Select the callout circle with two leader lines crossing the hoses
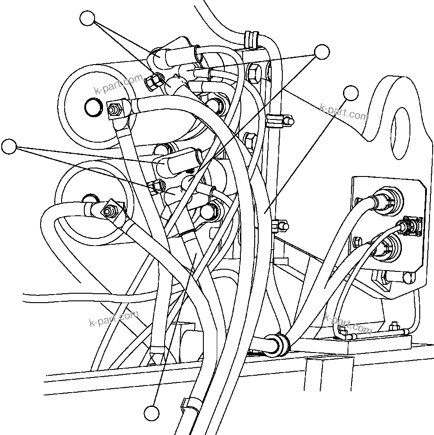(x=322, y=52)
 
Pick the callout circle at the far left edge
(x=8, y=147)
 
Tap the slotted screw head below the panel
(x=407, y=278)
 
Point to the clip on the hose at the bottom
(x=189, y=404)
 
